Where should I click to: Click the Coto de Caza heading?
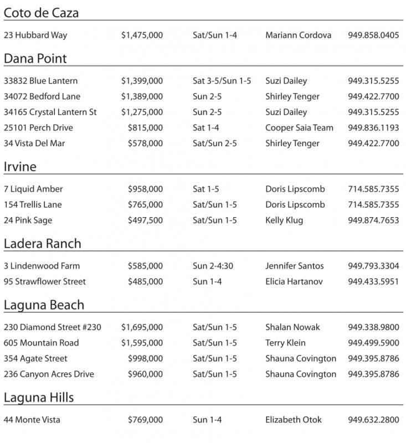[x=42, y=13]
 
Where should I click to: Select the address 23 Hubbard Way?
[x=35, y=35]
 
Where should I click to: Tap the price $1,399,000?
[x=142, y=81]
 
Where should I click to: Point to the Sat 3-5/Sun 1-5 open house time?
[x=222, y=81]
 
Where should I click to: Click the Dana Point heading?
[x=35, y=59]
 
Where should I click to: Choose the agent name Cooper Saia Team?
[x=299, y=127]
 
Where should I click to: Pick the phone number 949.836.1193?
[x=373, y=127]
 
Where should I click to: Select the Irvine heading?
[x=20, y=167]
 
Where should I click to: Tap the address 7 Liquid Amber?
[x=33, y=189]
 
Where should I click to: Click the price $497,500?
[x=145, y=220]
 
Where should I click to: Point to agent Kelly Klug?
[x=284, y=220]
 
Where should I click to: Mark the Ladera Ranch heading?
[x=42, y=244]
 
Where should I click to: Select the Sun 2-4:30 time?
[x=213, y=266]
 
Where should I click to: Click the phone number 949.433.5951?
[x=373, y=281]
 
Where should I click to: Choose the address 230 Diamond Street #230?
[x=53, y=327]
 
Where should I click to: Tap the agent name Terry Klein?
[x=285, y=342]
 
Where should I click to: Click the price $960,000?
[x=145, y=374]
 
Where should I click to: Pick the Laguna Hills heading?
[x=39, y=398]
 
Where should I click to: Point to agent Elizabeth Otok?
[x=294, y=420]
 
